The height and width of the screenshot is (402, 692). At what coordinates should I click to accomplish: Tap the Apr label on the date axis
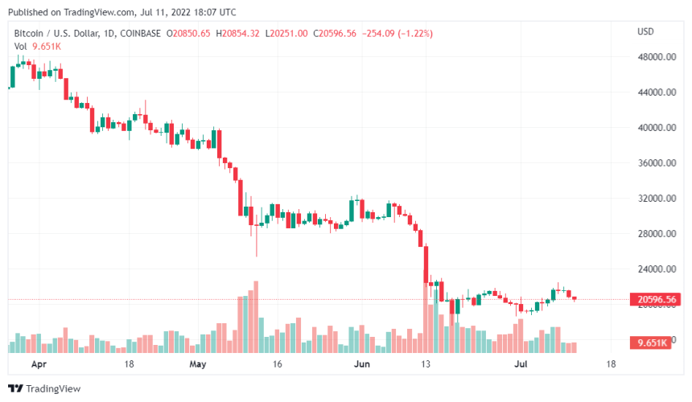point(37,363)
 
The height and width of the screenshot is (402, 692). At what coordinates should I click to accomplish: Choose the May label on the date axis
point(198,363)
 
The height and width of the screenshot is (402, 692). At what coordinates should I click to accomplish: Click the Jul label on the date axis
point(521,363)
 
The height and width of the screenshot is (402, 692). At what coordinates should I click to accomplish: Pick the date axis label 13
point(426,363)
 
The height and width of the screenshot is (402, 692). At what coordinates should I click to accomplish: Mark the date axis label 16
point(278,363)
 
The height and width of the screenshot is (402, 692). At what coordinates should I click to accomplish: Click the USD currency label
point(645,31)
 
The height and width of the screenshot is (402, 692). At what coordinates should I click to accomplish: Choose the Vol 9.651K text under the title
point(38,46)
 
